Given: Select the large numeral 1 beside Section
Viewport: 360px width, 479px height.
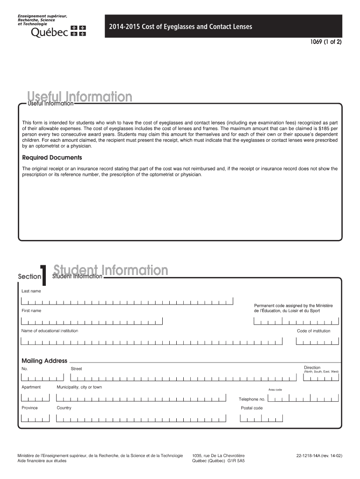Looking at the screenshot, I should pyautogui.click(x=43, y=275).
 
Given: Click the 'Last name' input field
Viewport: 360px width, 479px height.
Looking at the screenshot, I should pyautogui.click(x=127, y=302).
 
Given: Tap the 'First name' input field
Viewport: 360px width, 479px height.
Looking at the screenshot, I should pyautogui.click(x=92, y=321).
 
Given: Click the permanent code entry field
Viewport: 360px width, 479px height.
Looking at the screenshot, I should pyautogui.click(x=295, y=321).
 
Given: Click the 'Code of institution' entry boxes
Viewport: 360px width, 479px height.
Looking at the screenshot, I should pyautogui.click(x=317, y=341).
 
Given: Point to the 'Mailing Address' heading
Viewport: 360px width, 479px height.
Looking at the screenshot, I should pyautogui.click(x=44, y=361).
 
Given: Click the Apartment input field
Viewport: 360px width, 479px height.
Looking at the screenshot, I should pyautogui.click(x=35, y=398).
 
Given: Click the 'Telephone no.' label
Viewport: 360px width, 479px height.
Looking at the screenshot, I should pyautogui.click(x=252, y=399).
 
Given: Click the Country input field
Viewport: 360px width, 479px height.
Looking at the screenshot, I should pyautogui.click(x=145, y=418).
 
